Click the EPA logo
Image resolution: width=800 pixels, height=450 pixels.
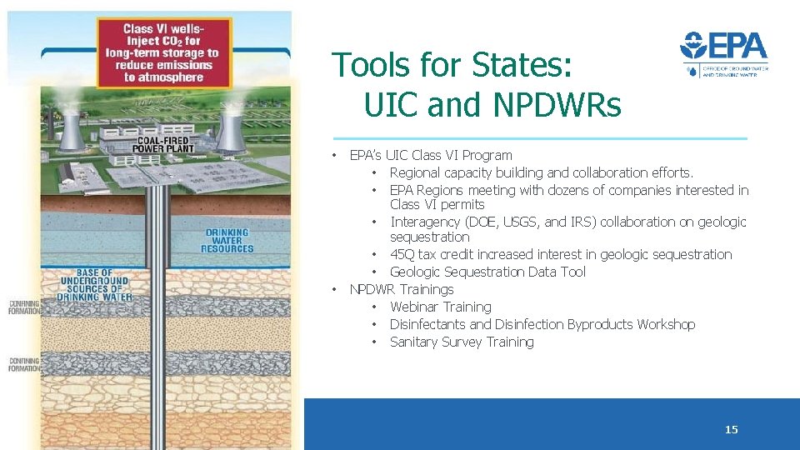pyautogui.click(x=723, y=55)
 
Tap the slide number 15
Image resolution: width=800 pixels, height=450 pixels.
pyautogui.click(x=731, y=430)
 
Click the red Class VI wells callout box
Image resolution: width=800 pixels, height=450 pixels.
pyautogui.click(x=163, y=52)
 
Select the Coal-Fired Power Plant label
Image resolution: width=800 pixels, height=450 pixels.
pyautogui.click(x=167, y=144)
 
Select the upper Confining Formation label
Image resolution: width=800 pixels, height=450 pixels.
pyautogui.click(x=23, y=307)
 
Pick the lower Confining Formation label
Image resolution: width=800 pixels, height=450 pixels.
pyautogui.click(x=23, y=364)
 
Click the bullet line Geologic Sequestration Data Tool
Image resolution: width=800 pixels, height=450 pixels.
pyautogui.click(x=487, y=272)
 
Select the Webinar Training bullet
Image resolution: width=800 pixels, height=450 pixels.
pyautogui.click(x=440, y=307)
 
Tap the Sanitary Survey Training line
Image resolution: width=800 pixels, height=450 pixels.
pyautogui.click(x=462, y=342)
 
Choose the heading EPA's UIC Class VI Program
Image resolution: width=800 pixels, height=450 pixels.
pyautogui.click(x=430, y=155)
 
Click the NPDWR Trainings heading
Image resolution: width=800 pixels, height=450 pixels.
pyautogui.click(x=401, y=289)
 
